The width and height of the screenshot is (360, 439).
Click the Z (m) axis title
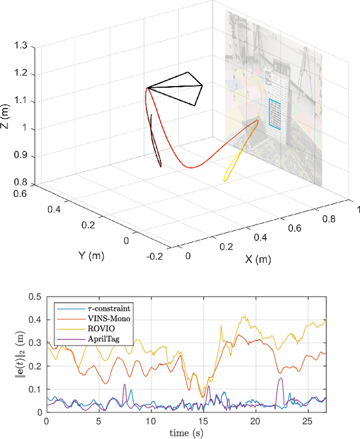pos(5,115)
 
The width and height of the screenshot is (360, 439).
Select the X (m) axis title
pos(259,260)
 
